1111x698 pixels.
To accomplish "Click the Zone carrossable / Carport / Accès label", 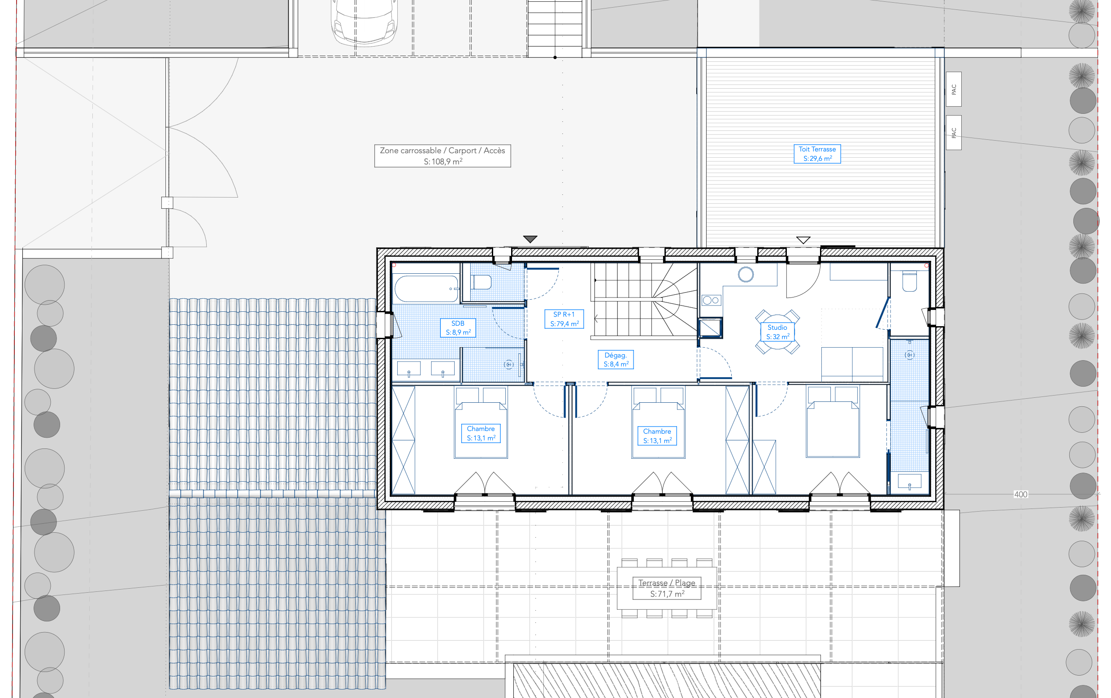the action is (x=443, y=156).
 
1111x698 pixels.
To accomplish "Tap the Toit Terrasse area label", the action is (x=817, y=154).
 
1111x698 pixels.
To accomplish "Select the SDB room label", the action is (x=458, y=328).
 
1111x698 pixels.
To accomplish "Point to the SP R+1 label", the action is (x=564, y=319).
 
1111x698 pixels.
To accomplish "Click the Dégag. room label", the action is (x=616, y=360).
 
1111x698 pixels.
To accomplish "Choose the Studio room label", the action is (x=777, y=332).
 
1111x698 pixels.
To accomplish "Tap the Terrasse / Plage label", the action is (x=667, y=588).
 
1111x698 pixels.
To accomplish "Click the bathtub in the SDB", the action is (x=426, y=289).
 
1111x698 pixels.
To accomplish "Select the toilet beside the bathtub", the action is (x=481, y=282).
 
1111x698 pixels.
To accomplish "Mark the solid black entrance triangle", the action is (x=530, y=239).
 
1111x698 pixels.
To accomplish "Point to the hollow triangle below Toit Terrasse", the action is (x=803, y=240).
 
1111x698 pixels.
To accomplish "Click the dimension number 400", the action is (x=1020, y=494).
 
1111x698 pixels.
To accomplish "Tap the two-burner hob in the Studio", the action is (x=711, y=301).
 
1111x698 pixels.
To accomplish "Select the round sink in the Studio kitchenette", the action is (x=746, y=275).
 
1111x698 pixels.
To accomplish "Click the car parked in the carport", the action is (x=365, y=22).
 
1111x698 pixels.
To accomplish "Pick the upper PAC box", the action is (x=954, y=90).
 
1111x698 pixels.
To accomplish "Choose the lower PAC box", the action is (x=954, y=133).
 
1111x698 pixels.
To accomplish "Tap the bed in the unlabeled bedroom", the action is (x=833, y=422).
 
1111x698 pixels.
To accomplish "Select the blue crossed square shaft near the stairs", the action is (x=710, y=328).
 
